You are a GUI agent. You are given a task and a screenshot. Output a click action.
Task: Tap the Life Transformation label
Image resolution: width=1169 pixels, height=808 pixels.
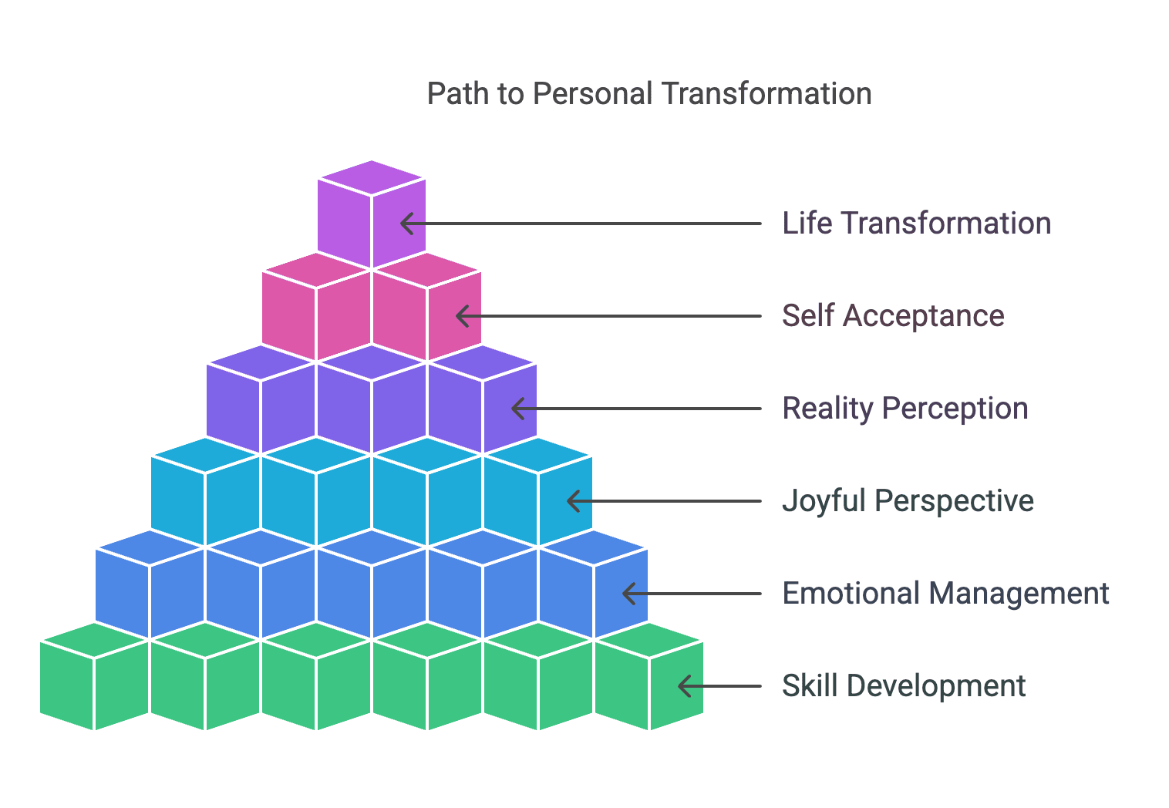pos(916,224)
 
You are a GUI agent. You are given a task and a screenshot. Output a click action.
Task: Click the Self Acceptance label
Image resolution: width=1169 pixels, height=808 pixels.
pos(893,316)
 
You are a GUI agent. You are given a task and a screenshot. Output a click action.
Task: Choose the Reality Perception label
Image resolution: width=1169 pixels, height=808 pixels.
pos(905,409)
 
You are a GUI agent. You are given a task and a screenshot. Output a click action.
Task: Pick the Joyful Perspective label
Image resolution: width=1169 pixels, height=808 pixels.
pos(908,501)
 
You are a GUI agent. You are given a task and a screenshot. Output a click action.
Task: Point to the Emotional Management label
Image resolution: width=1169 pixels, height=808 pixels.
pos(945,594)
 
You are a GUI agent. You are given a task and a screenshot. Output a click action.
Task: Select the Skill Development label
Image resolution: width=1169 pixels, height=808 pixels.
pos(904,686)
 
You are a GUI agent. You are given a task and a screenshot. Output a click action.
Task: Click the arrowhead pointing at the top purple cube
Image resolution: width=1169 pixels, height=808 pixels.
pos(406,224)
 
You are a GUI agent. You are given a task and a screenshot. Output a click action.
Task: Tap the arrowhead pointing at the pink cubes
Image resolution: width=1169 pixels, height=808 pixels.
pos(461,316)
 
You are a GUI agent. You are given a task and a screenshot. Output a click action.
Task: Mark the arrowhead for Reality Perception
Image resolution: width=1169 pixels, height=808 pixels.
pos(517,409)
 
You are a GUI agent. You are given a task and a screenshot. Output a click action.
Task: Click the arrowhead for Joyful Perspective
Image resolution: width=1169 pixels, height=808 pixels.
pos(572,501)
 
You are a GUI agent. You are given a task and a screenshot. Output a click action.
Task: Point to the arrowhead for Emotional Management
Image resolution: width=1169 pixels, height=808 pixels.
pos(628,594)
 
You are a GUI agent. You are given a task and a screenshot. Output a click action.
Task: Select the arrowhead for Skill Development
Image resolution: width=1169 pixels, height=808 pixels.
pos(684,686)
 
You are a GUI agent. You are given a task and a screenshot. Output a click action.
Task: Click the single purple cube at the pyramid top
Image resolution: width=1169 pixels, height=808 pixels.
pos(372,214)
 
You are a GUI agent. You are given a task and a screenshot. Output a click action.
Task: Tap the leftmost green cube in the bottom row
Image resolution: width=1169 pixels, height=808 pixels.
pos(94,676)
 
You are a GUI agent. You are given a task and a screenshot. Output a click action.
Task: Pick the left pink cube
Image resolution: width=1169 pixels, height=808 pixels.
pos(316,306)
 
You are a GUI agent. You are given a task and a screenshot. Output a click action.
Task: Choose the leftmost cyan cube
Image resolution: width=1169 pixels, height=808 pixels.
pos(205,492)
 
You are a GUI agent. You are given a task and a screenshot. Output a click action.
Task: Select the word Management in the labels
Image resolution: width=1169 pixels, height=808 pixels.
pos(1019,594)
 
